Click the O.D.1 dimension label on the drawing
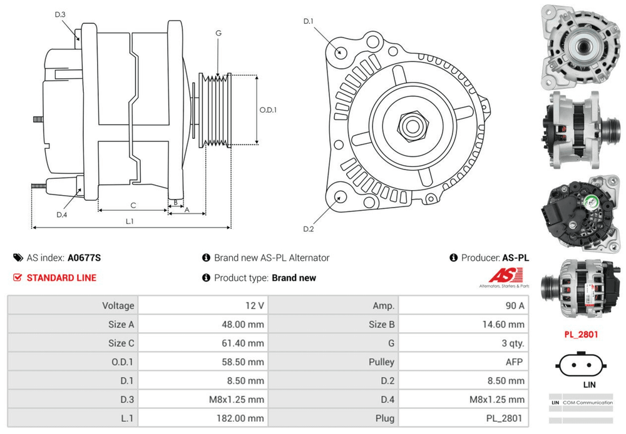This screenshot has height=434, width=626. (268, 110)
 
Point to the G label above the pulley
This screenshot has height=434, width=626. (218, 33)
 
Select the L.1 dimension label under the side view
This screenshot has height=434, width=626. (130, 221)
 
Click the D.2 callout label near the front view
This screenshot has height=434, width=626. (308, 229)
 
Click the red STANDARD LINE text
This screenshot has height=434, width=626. (61, 278)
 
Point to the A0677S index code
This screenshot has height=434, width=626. (84, 258)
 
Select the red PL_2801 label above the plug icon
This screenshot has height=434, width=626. (580, 335)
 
